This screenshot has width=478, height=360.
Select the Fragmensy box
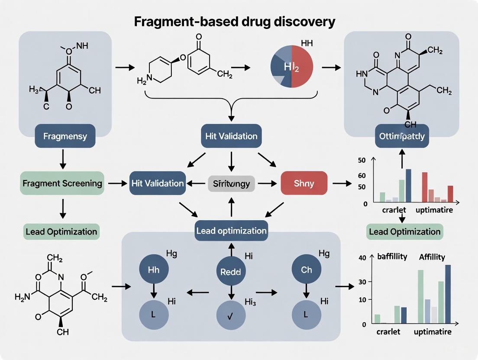click(65, 136)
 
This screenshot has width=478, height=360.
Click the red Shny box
click(304, 183)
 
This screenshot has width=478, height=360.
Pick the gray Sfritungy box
click(232, 183)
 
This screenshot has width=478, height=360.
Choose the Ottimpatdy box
click(402, 136)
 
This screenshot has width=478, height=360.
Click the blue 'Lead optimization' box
click(231, 230)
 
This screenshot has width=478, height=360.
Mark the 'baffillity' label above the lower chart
click(392, 257)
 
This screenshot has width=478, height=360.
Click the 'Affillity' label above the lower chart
click(432, 257)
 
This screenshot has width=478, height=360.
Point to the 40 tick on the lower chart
click(362, 258)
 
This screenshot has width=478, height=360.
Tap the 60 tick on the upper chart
click(362, 175)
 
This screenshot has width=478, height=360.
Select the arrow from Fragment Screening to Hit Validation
click(116, 183)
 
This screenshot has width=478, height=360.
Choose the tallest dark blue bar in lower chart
click(448, 294)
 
